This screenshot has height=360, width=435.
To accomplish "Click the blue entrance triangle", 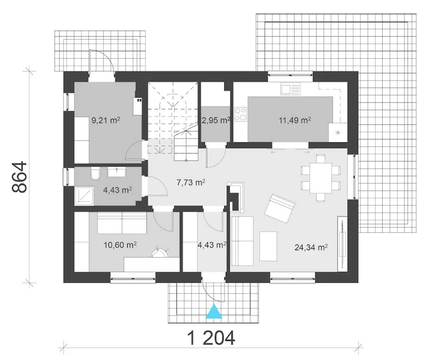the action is pos(214,312).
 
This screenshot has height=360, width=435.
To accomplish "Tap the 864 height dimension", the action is pos(19,177).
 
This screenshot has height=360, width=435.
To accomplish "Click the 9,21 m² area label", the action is pos(106,120).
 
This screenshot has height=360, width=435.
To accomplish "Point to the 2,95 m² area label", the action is pos(216,120).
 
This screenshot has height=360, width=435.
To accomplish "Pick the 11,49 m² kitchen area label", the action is pos(295,120).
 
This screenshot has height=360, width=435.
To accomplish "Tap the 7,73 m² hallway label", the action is pos(191,183).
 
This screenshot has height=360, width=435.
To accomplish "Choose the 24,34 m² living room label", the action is pos(311,247).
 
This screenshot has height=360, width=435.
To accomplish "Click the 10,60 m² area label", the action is pos(120,245).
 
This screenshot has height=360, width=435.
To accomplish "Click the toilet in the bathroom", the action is pos(95,173).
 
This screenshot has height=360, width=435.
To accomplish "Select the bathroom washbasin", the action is pos(117,172).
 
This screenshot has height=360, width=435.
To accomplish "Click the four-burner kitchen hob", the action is pos(240,114).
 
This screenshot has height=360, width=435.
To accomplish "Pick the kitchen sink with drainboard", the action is pos(291,89).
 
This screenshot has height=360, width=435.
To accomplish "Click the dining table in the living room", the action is pos(320,178).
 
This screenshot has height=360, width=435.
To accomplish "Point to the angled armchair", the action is pos(280,208).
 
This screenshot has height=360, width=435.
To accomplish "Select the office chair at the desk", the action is pos(160,252).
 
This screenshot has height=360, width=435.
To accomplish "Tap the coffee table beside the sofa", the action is pos(268,246).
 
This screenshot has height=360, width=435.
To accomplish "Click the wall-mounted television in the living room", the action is pos(342,244).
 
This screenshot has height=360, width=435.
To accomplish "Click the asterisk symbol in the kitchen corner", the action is pos(338,133).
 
